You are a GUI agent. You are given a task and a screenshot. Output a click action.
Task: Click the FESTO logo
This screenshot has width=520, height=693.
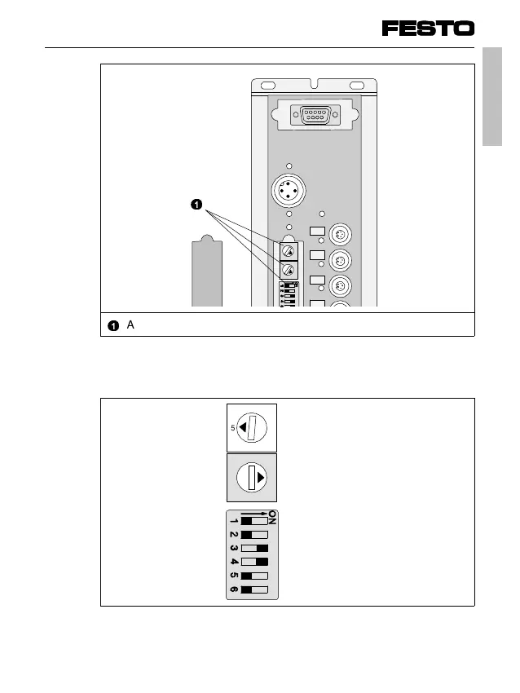[428, 29]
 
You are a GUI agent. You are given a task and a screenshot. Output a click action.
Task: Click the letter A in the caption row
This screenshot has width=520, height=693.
[130, 324]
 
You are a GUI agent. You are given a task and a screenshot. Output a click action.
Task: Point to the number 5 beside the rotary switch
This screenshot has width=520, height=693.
[233, 428]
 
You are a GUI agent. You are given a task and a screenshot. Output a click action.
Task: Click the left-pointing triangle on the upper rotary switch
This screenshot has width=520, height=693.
[244, 428]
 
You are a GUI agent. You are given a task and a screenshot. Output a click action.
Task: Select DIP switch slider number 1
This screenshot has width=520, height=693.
[254, 520]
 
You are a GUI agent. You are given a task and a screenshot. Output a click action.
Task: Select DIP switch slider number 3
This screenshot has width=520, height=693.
[254, 548]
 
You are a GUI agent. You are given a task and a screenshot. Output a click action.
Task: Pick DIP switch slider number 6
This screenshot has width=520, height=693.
[254, 589]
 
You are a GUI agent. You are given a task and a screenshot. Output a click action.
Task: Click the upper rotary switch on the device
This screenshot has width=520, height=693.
[288, 250]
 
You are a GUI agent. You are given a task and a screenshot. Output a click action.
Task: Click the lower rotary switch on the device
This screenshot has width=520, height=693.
[288, 270]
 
